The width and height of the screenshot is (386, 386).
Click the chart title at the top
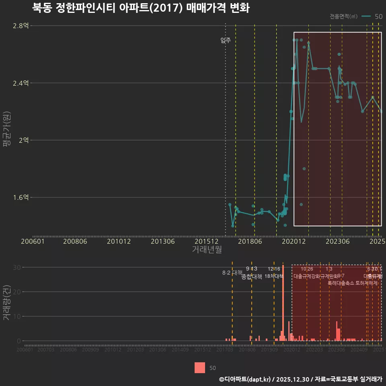pyautogui.click(x=141, y=8)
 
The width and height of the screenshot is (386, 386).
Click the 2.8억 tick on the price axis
pyautogui.click(x=21, y=26)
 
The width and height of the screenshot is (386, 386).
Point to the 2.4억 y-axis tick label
pyautogui.click(x=21, y=83)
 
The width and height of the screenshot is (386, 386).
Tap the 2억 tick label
pyautogui.click(x=23, y=140)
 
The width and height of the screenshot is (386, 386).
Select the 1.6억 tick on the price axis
pyautogui.click(x=21, y=197)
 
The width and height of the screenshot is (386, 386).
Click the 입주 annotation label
pyautogui.click(x=226, y=40)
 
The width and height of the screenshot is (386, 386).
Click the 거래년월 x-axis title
pyautogui.click(x=207, y=250)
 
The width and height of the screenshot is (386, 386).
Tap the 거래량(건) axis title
pyautogui.click(x=7, y=303)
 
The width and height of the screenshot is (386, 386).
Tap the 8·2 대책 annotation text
pyautogui.click(x=230, y=273)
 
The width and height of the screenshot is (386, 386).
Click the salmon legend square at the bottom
pyautogui.click(x=200, y=368)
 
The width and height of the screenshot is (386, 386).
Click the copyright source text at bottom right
pyautogui.click(x=300, y=379)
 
